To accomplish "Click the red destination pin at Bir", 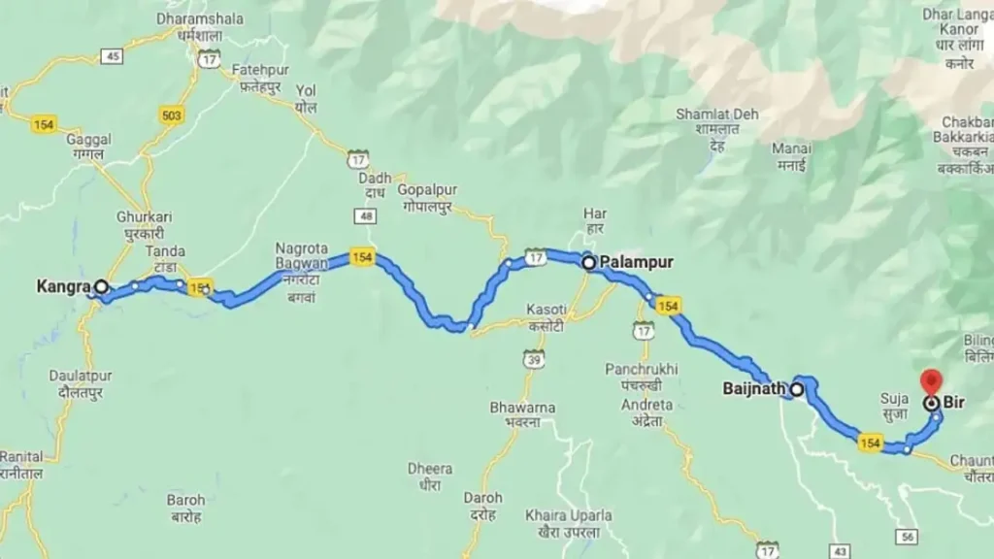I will pyautogui.click(x=932, y=381).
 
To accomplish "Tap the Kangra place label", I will pyautogui.click(x=63, y=286).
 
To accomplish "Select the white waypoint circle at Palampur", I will pyautogui.click(x=588, y=262).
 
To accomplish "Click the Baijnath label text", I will pyautogui.click(x=754, y=390).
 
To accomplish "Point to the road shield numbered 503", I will pyautogui.click(x=172, y=115).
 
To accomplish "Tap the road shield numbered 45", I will pyautogui.click(x=113, y=56).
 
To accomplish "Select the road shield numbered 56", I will pyautogui.click(x=908, y=536).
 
